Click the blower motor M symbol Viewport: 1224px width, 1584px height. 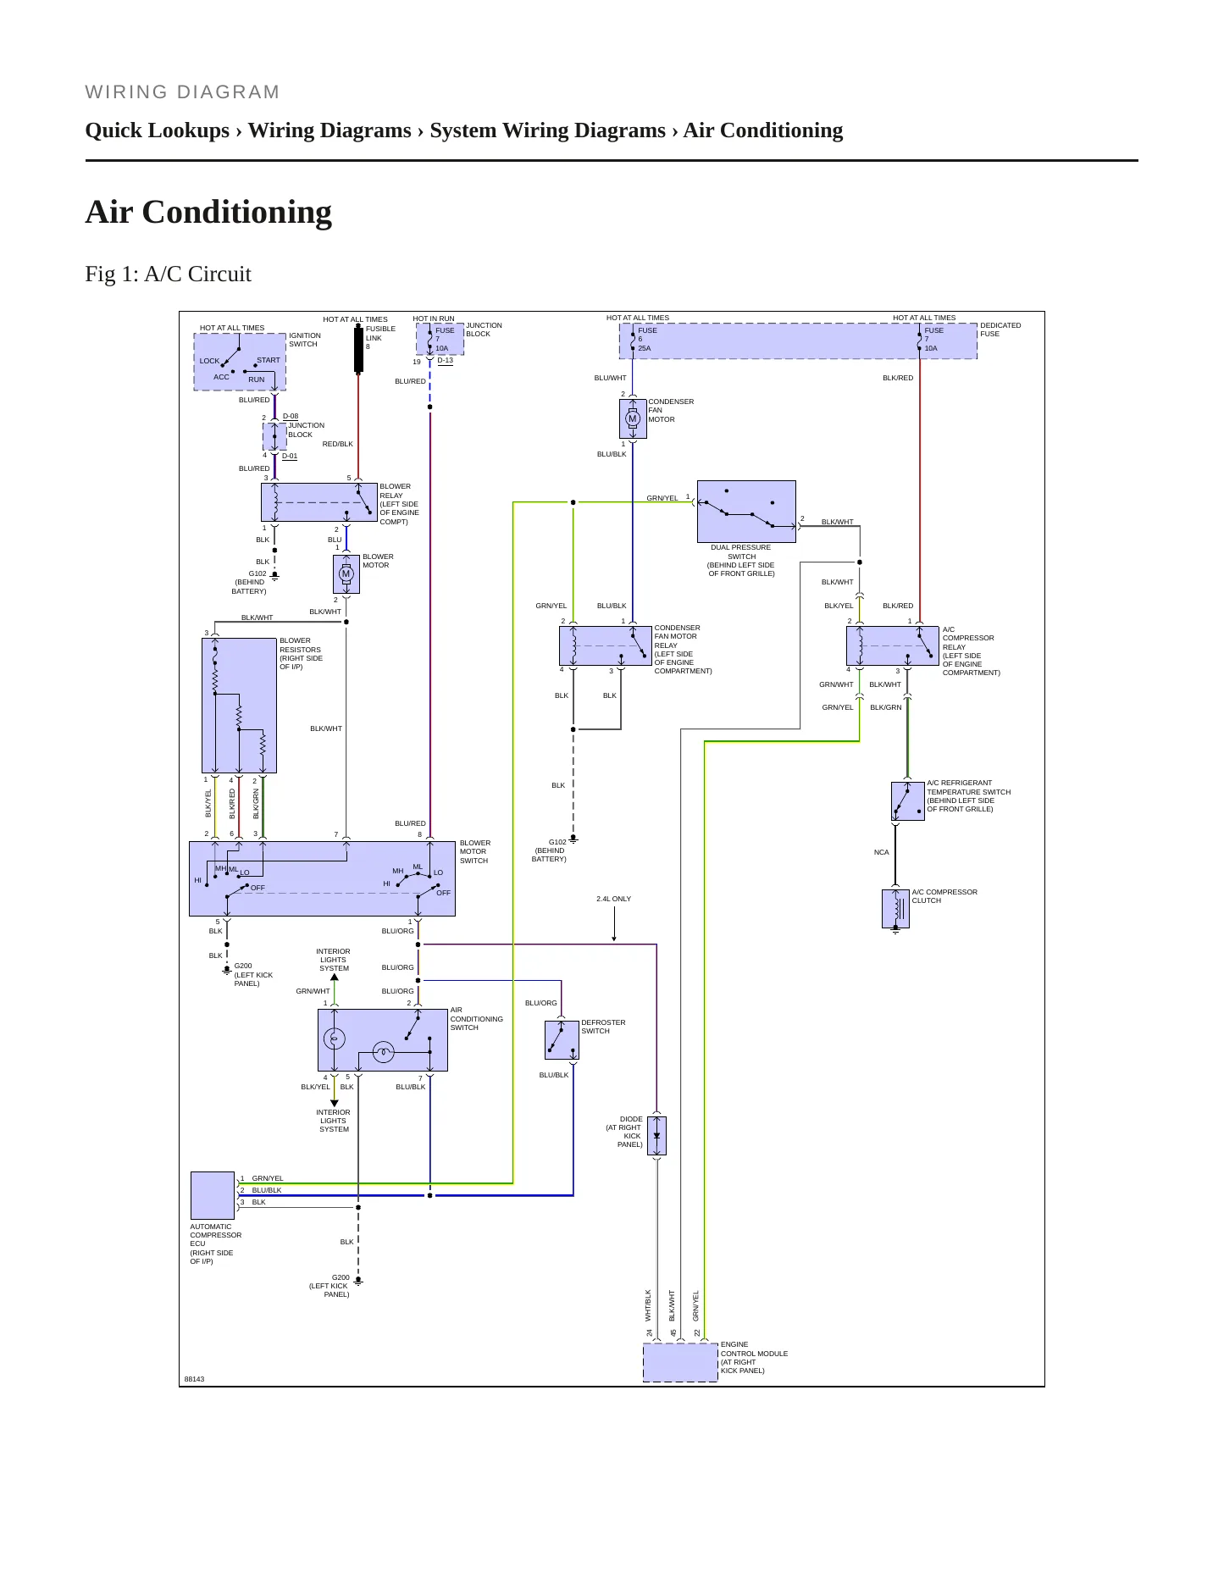[x=346, y=574]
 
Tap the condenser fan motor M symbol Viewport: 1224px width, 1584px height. [x=632, y=418]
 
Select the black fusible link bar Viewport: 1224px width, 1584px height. [x=358, y=350]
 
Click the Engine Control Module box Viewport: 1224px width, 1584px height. [x=680, y=1362]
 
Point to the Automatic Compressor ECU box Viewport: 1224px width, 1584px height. [x=213, y=1195]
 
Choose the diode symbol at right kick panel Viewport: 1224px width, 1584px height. [x=656, y=1136]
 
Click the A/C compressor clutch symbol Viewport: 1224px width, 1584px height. [x=895, y=909]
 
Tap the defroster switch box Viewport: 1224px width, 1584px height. [x=562, y=1039]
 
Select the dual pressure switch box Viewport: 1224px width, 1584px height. [x=746, y=512]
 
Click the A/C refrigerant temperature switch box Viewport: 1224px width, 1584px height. [x=908, y=801]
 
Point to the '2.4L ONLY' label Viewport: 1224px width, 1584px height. [x=613, y=899]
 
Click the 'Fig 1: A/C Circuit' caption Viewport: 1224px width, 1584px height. [x=168, y=274]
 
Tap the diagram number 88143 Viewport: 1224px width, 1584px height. [x=194, y=1379]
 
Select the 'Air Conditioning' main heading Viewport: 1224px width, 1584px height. [x=208, y=212]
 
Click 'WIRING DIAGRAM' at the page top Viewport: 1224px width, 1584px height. [x=182, y=92]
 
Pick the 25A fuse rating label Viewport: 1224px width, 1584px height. [x=645, y=348]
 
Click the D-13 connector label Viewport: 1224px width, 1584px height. [x=446, y=360]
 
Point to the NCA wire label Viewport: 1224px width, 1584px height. [x=882, y=852]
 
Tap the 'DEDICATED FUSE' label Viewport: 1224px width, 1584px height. [x=1000, y=330]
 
